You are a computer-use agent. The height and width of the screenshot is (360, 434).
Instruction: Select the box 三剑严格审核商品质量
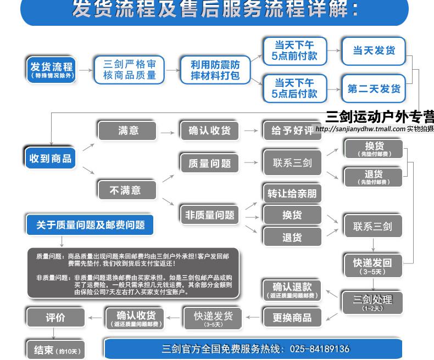pyautogui.click(x=130, y=70)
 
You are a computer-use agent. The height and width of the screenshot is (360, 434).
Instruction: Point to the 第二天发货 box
pyautogui.click(x=374, y=88)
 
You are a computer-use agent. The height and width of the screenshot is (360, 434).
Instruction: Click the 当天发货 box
pyautogui.click(x=374, y=51)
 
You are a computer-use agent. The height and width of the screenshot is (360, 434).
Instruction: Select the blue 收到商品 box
pyautogui.click(x=51, y=158)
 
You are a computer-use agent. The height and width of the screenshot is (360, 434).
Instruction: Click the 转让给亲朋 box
pyautogui.click(x=292, y=194)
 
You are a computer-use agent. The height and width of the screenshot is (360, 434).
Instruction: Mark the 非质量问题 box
pyautogui.click(x=210, y=215)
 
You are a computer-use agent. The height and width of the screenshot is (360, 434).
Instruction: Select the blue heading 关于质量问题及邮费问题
pyautogui.click(x=90, y=224)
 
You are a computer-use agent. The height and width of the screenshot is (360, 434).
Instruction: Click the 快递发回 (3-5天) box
pyautogui.click(x=372, y=266)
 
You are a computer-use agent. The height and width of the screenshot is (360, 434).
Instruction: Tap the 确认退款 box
pyautogui.click(x=292, y=289)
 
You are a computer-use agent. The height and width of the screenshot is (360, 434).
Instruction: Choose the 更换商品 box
pyautogui.click(x=292, y=317)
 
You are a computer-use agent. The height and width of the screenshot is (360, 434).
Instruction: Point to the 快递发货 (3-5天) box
pyautogui.click(x=213, y=318)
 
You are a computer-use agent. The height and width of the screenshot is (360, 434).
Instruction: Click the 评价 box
pyautogui.click(x=55, y=317)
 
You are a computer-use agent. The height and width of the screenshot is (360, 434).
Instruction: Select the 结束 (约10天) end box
pyautogui.click(x=55, y=350)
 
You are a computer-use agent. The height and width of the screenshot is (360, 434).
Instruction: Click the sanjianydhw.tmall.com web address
pyautogui.click(x=360, y=129)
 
